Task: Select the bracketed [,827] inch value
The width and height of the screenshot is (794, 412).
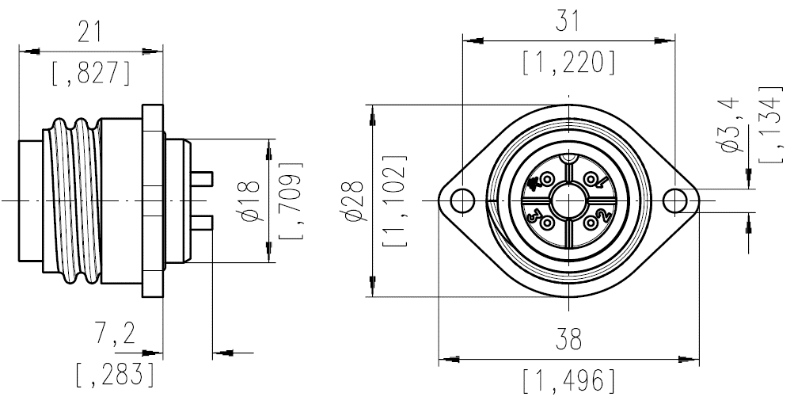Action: click(x=90, y=73)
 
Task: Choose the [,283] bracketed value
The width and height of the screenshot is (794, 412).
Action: click(x=115, y=374)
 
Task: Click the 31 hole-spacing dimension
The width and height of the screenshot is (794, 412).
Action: click(x=568, y=21)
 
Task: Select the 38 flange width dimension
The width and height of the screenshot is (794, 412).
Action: click(x=568, y=341)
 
